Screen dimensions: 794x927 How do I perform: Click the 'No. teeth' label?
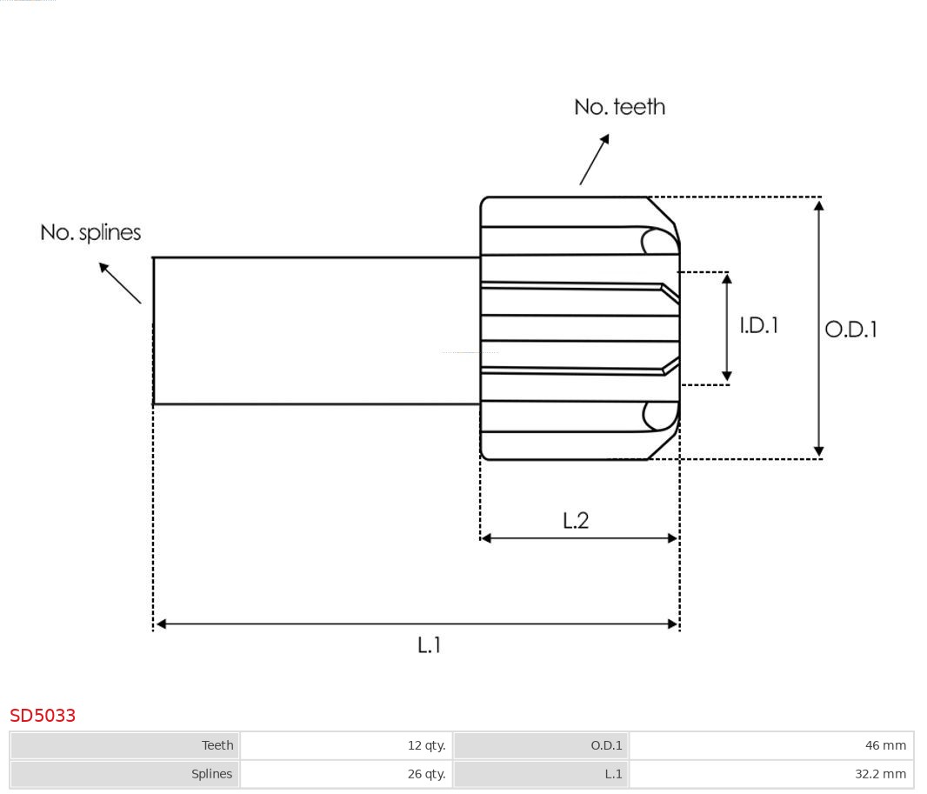pyautogui.click(x=619, y=107)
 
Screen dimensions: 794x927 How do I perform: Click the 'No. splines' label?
pyautogui.click(x=90, y=232)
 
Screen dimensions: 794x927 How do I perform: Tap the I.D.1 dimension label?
pyautogui.click(x=758, y=325)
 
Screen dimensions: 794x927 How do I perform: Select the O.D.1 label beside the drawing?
pyautogui.click(x=850, y=330)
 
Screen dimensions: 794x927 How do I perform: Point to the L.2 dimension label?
pyautogui.click(x=576, y=520)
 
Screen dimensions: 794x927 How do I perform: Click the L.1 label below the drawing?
pyautogui.click(x=430, y=645)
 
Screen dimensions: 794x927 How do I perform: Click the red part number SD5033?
pyautogui.click(x=43, y=715)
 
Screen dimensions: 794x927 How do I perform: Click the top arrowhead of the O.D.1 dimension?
pyautogui.click(x=818, y=205)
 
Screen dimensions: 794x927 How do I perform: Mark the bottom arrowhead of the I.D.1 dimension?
pyautogui.click(x=727, y=377)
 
